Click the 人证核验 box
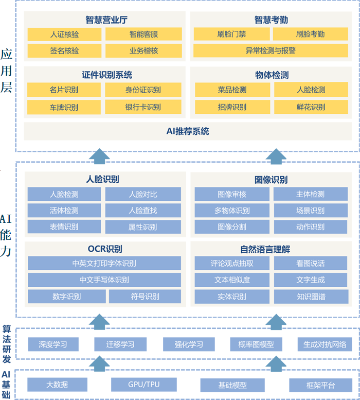[65, 34]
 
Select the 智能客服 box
[143, 34]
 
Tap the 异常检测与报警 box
[271, 51]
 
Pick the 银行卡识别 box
[143, 107]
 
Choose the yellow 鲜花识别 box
[311, 107]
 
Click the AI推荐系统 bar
[188, 131]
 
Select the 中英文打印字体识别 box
[104, 264]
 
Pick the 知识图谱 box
[311, 297]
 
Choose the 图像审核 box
[232, 194]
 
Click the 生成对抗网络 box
[325, 344]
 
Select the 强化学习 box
[189, 344]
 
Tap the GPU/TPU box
[143, 385]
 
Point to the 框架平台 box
[320, 385]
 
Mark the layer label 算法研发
[7, 343]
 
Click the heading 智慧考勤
[271, 20]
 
